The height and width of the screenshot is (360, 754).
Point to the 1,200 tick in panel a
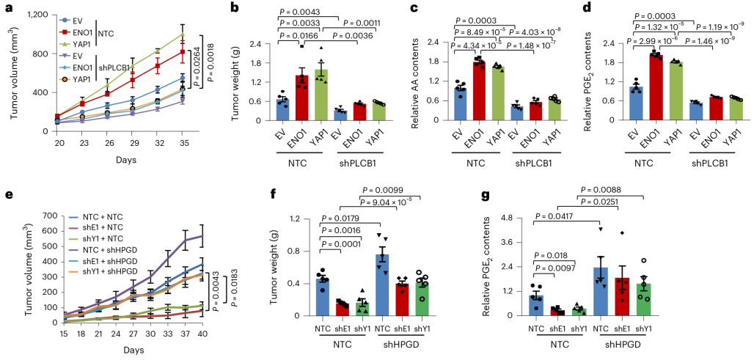click(x=36, y=15)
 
